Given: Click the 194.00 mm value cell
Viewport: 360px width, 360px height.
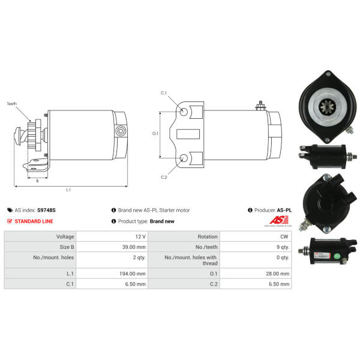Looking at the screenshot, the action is [x=133, y=274].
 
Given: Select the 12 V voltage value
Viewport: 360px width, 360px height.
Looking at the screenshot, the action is [x=140, y=236].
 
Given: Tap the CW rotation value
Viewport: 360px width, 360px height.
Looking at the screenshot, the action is [x=284, y=236].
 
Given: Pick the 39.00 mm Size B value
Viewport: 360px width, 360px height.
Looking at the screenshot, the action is [x=134, y=247].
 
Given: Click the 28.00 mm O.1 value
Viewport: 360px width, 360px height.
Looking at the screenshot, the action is [x=278, y=274].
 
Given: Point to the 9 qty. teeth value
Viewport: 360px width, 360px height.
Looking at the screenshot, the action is [x=283, y=247].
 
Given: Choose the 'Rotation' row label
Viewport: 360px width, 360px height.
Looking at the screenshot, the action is [x=208, y=236].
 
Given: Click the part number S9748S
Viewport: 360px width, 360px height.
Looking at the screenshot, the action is [x=46, y=210].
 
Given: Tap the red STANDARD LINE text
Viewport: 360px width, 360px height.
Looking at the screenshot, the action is [x=34, y=221].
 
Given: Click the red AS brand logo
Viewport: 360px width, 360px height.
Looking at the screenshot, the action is [x=279, y=220].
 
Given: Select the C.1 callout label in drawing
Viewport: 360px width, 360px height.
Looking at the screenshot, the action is [x=163, y=93].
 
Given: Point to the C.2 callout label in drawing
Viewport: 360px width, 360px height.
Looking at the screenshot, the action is [x=164, y=177].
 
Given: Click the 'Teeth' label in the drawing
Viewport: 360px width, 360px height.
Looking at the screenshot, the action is [x=12, y=104].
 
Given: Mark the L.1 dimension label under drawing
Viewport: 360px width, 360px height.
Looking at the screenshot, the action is [x=68, y=190].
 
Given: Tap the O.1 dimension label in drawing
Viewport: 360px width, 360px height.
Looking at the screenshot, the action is [x=155, y=133].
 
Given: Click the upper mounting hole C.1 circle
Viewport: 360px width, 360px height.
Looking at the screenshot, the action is [x=184, y=112].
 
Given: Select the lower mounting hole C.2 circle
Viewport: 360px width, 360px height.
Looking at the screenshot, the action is [x=184, y=158].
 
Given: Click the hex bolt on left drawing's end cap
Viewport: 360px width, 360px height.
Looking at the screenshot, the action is [x=121, y=131].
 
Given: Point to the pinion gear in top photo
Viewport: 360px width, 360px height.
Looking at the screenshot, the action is [x=327, y=107].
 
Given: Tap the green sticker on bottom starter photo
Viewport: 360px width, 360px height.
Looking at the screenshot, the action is [x=337, y=256].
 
